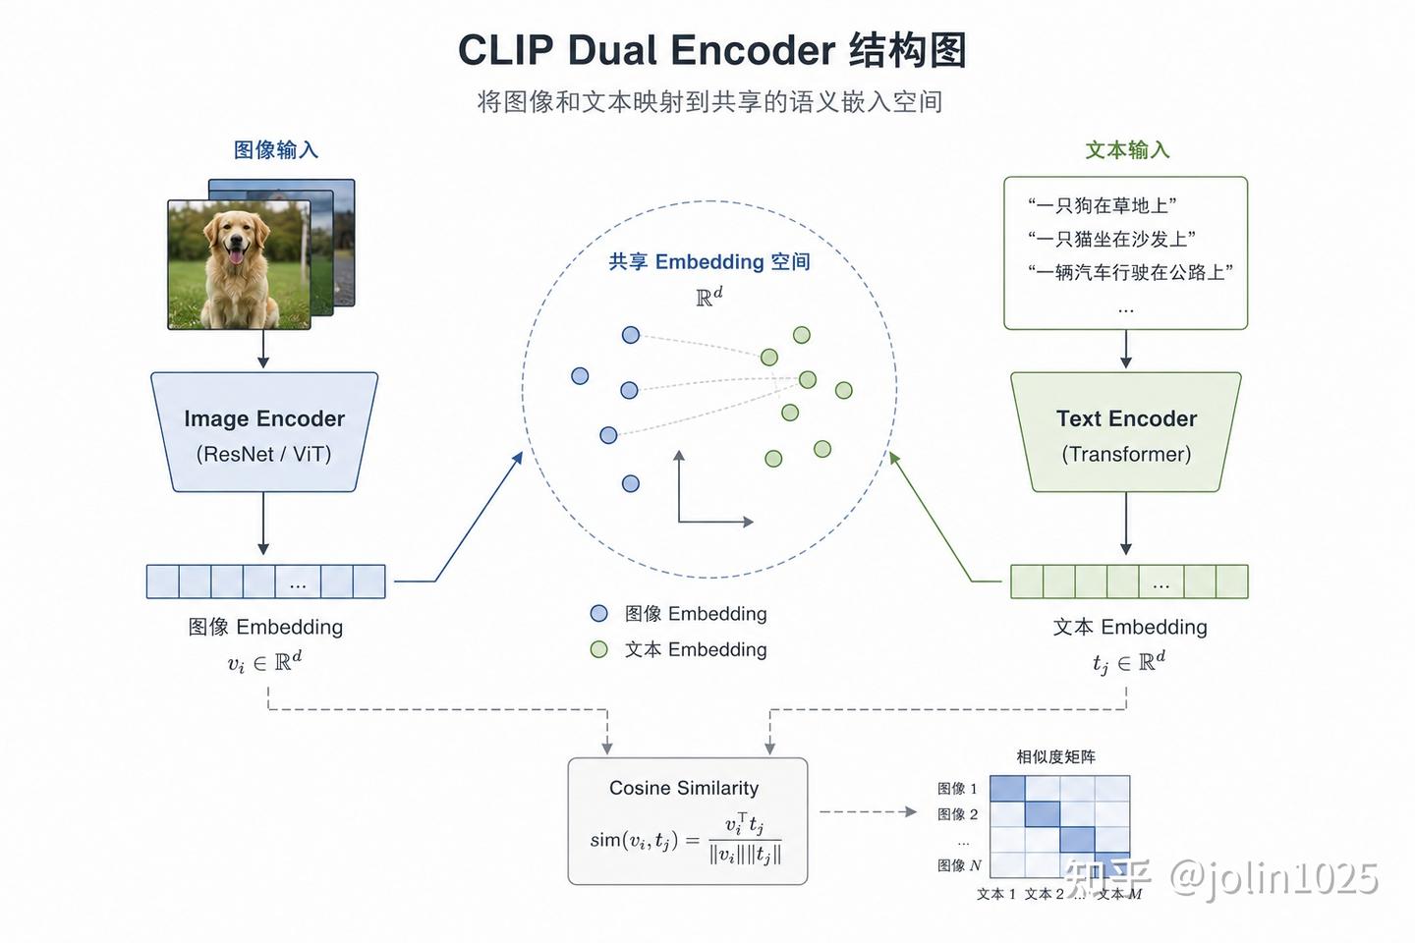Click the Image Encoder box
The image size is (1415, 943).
tap(264, 432)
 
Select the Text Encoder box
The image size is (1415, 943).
tap(1126, 432)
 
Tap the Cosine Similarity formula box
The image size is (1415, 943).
tap(687, 821)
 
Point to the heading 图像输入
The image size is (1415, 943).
tap(276, 149)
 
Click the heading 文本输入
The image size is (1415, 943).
tap(1127, 149)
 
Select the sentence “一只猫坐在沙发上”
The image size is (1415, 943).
tap(1111, 239)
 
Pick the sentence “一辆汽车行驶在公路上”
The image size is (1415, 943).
tap(1130, 272)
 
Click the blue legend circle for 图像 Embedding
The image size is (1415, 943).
tap(598, 613)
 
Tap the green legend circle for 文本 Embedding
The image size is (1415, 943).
tap(598, 649)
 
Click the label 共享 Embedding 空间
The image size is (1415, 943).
tap(709, 261)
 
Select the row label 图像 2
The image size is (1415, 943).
tap(957, 814)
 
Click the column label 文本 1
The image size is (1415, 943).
tap(996, 894)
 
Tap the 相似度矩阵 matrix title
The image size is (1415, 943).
tap(1055, 756)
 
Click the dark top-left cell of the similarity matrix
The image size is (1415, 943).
tap(1007, 789)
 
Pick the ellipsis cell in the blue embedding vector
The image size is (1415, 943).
tap(298, 582)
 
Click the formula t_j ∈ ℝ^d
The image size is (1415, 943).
tap(1129, 663)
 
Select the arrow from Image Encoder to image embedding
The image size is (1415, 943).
tap(263, 524)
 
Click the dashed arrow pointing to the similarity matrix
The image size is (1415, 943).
tap(868, 811)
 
